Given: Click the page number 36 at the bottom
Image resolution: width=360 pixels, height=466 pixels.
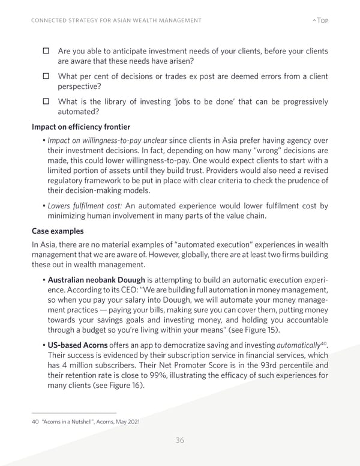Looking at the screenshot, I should click(179, 440).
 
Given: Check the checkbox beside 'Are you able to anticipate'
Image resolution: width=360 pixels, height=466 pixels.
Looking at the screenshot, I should click(46, 52).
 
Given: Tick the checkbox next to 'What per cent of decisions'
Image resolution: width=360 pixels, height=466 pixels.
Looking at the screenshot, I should click(46, 76).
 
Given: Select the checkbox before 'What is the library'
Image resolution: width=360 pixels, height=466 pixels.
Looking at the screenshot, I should click(46, 101).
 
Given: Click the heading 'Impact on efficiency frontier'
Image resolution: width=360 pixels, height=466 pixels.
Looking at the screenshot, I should click(81, 127).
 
